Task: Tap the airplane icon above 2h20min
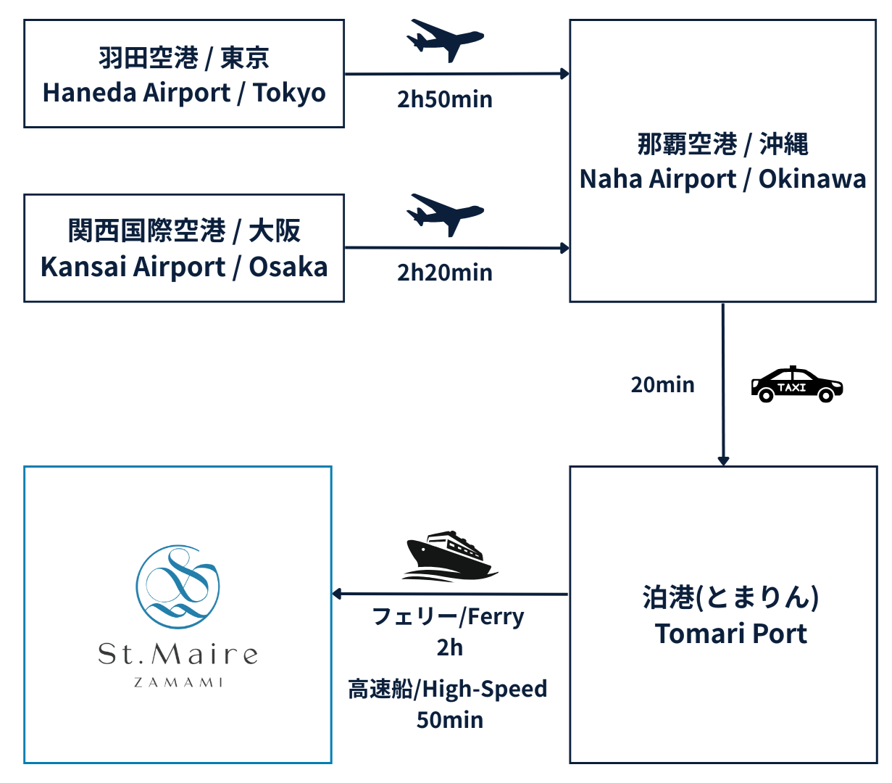pyautogui.click(x=445, y=214)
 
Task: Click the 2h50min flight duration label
pyautogui.click(x=444, y=99)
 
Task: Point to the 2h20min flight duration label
pyautogui.click(x=444, y=273)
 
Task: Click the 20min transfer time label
pyautogui.click(x=662, y=384)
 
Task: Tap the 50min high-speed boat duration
pyautogui.click(x=449, y=719)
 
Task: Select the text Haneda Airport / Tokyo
pyautogui.click(x=184, y=93)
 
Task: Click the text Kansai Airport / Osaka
pyautogui.click(x=184, y=267)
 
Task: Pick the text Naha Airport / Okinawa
pyautogui.click(x=722, y=179)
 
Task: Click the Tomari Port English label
pyautogui.click(x=730, y=633)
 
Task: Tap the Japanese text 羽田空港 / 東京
pyautogui.click(x=184, y=58)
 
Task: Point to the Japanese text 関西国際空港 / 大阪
pyautogui.click(x=184, y=232)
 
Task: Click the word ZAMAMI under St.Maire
pyautogui.click(x=178, y=682)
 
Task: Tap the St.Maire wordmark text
pyautogui.click(x=178, y=655)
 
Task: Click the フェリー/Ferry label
pyautogui.click(x=447, y=616)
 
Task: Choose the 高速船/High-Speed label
pyautogui.click(x=447, y=689)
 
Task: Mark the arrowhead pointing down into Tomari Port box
pyautogui.click(x=722, y=460)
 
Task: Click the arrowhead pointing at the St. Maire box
pyautogui.click(x=338, y=594)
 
